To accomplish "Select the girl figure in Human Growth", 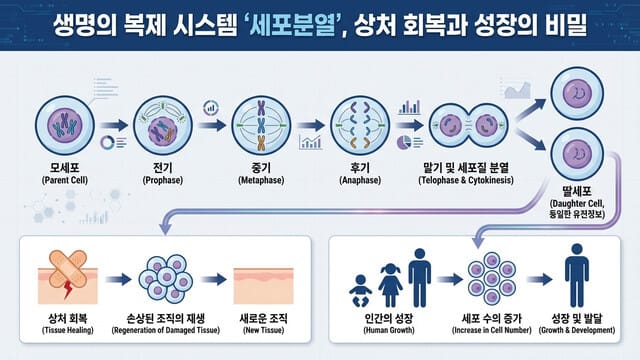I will pos(390,283).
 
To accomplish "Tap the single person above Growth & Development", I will pos(576,276).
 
